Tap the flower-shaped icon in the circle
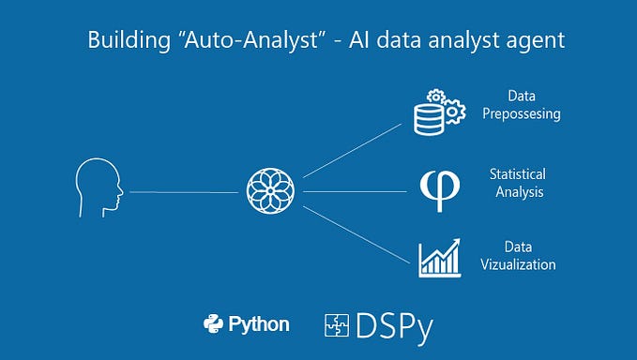click(x=270, y=191)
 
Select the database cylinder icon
click(x=432, y=117)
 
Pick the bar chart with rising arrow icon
click(x=439, y=257)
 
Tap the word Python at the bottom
click(x=260, y=325)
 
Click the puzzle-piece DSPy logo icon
click(x=336, y=325)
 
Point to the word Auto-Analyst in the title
click(x=225, y=40)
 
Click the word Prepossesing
click(x=528, y=113)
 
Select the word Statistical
click(x=517, y=174)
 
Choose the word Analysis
click(x=517, y=192)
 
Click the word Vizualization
click(x=517, y=264)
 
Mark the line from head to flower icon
click(x=184, y=192)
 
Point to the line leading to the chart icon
click(x=356, y=231)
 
